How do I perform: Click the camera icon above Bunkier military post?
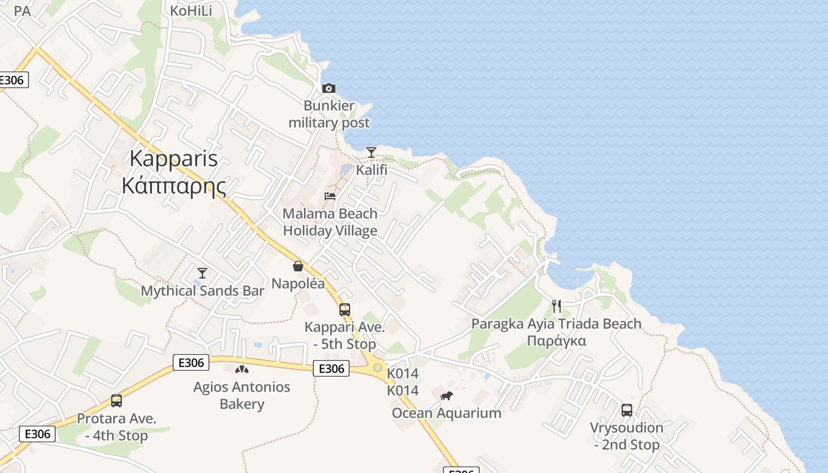click(329, 89)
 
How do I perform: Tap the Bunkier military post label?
click(329, 114)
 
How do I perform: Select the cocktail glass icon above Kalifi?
click(371, 153)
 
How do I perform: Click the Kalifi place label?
click(371, 170)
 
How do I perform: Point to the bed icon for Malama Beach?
click(330, 196)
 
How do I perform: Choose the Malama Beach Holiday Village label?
click(330, 222)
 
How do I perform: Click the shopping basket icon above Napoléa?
click(298, 266)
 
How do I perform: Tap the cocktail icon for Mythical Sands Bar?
click(202, 273)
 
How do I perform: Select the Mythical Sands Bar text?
click(202, 291)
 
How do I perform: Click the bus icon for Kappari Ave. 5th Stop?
click(345, 309)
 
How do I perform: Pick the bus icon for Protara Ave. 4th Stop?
click(117, 401)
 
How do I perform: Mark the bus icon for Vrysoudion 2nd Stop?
click(627, 410)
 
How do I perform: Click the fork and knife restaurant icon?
click(556, 306)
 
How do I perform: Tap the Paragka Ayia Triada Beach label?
click(556, 324)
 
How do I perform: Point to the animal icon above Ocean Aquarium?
click(447, 396)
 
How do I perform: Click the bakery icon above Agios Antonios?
click(241, 370)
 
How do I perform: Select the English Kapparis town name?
click(173, 158)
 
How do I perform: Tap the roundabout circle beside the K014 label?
click(377, 368)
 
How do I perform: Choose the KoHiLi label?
click(191, 11)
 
